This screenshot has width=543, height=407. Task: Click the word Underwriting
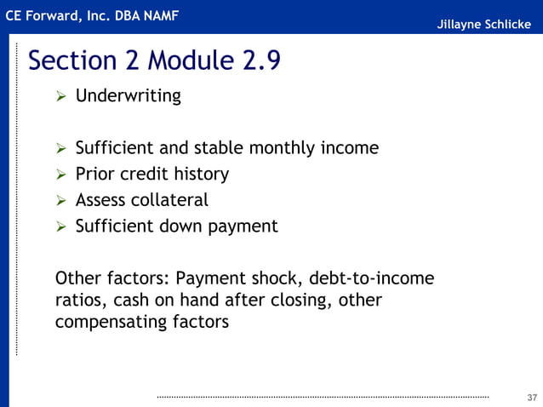point(128,96)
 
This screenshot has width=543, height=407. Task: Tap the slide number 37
point(533,398)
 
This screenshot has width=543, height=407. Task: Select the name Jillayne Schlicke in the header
point(483,24)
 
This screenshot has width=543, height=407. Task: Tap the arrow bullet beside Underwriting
point(61,96)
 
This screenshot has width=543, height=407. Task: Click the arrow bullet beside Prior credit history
point(61,175)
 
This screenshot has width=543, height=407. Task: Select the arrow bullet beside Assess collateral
point(61,202)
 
